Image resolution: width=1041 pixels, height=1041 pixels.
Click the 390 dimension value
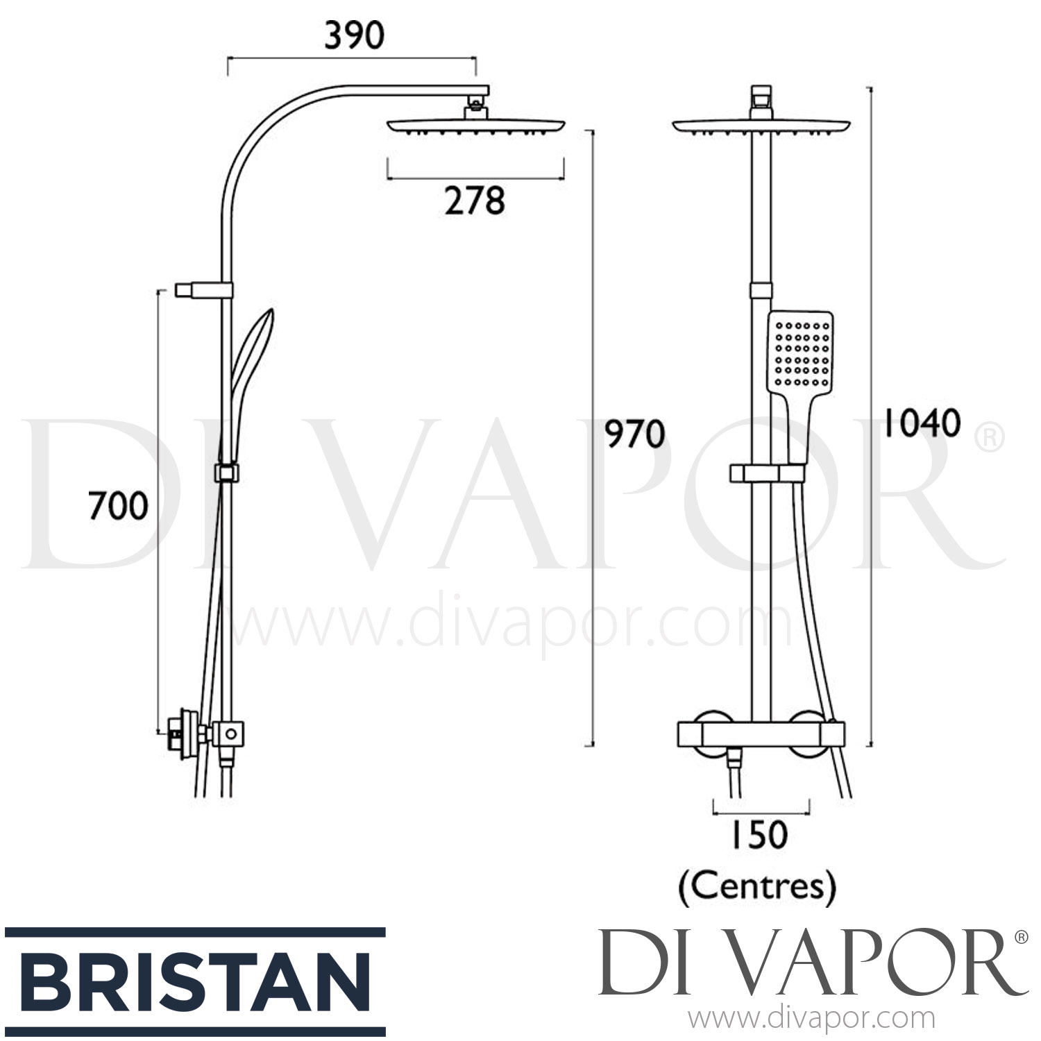click(x=354, y=36)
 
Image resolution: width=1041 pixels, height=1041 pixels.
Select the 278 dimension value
click(x=475, y=201)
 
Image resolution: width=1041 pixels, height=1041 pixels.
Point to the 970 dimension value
click(x=634, y=434)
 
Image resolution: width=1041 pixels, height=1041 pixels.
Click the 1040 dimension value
click(x=921, y=423)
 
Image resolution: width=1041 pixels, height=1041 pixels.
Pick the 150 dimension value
click(x=757, y=835)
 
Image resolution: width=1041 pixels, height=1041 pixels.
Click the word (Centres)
click(x=757, y=886)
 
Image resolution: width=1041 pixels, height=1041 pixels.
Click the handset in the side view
click(x=250, y=368)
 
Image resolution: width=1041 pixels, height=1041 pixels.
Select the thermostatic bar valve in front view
click(x=761, y=732)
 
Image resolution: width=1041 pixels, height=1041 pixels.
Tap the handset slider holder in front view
click(x=767, y=474)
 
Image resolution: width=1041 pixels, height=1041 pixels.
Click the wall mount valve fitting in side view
click(x=182, y=731)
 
